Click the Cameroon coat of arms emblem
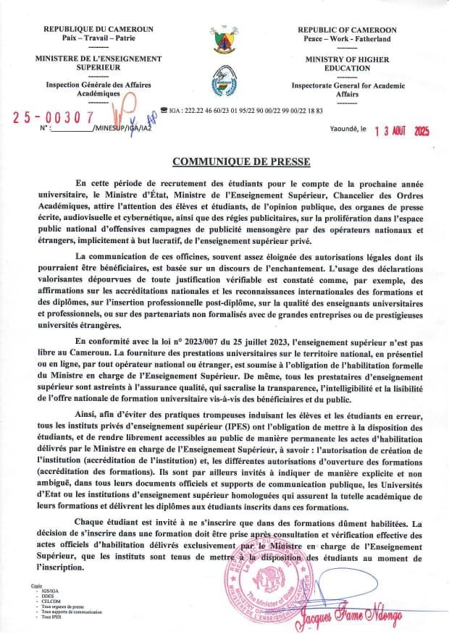tap(224, 42)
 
